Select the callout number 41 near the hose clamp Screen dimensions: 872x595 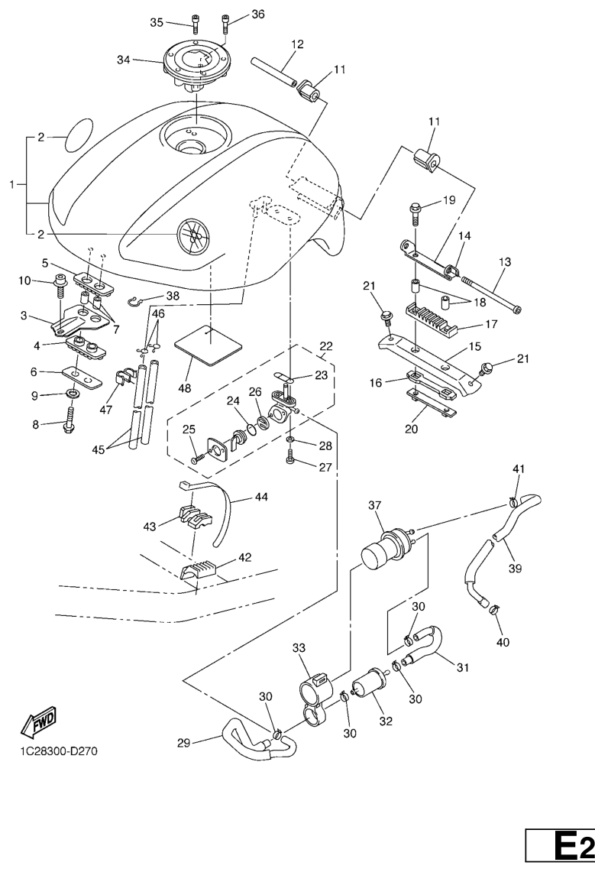518,468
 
